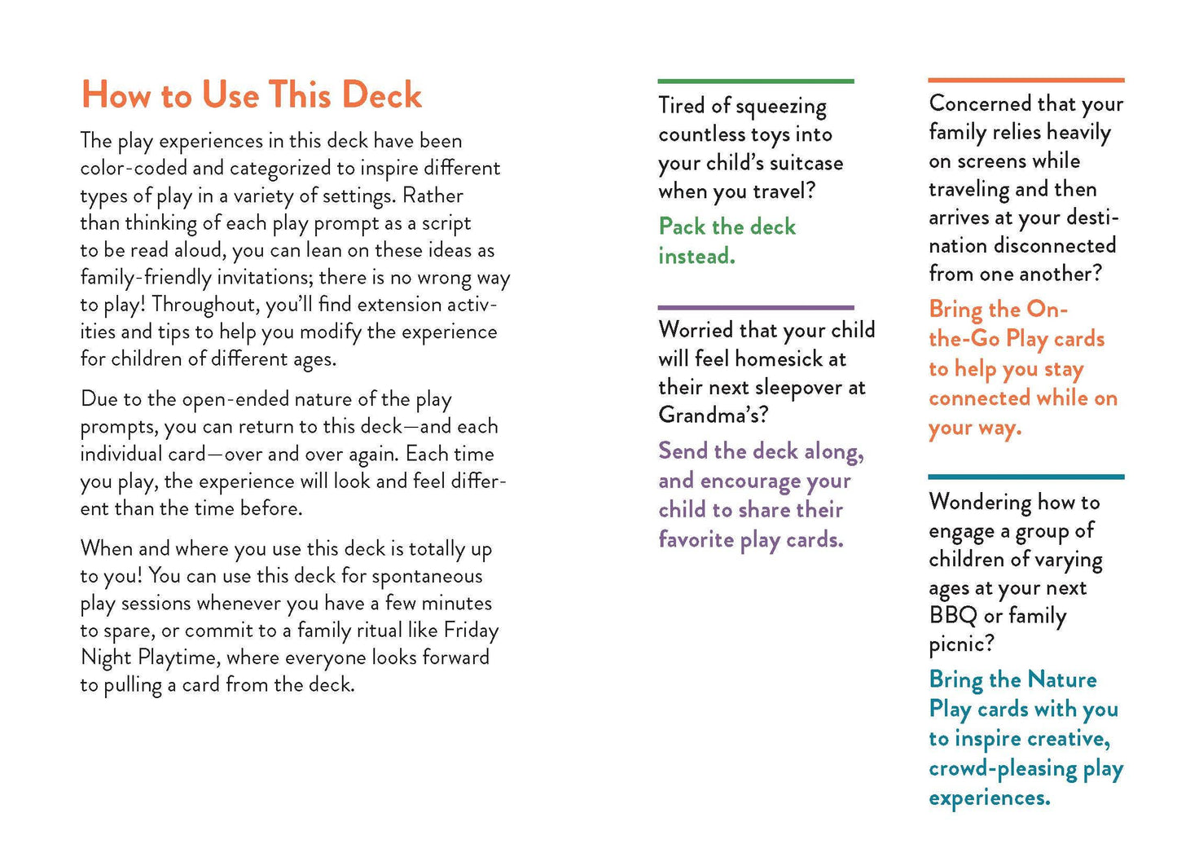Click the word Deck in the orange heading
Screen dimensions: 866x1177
pos(381,95)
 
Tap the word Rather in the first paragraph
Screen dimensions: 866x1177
pos(433,196)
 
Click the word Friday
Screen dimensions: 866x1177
pos(471,630)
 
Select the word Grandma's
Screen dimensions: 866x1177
pos(712,415)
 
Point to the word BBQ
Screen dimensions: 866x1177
pos(953,616)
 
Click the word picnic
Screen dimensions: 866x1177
pos(960,644)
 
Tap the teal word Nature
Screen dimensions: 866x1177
pos(1062,679)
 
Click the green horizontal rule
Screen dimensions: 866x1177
pos(755,81)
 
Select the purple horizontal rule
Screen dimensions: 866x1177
pos(755,307)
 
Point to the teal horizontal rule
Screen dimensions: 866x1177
pos(1025,477)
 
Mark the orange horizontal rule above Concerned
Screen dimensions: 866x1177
pos(1025,80)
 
